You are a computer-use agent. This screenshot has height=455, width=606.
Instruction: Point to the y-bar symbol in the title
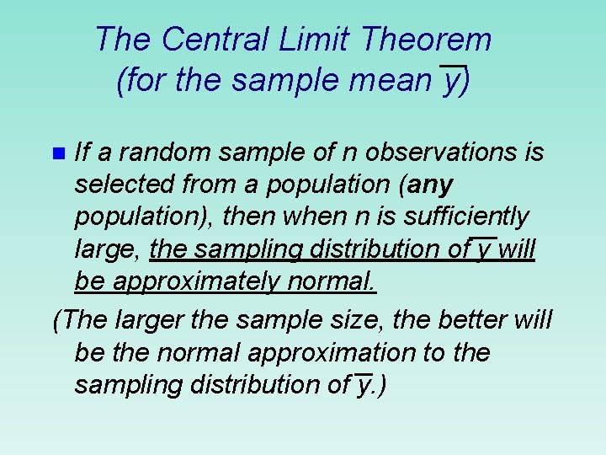coord(453,81)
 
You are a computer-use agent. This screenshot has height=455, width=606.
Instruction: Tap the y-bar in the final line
coord(363,385)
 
